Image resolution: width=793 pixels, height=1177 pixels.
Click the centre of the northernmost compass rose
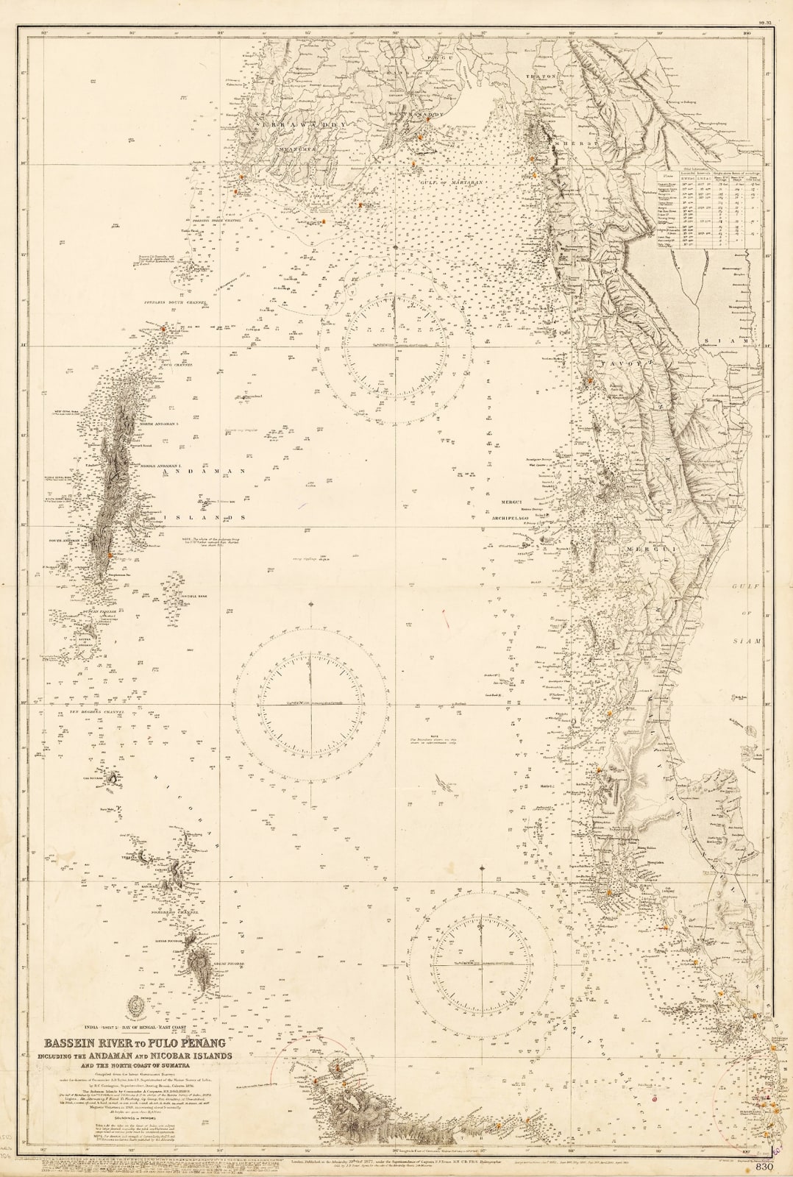coord(394,345)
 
